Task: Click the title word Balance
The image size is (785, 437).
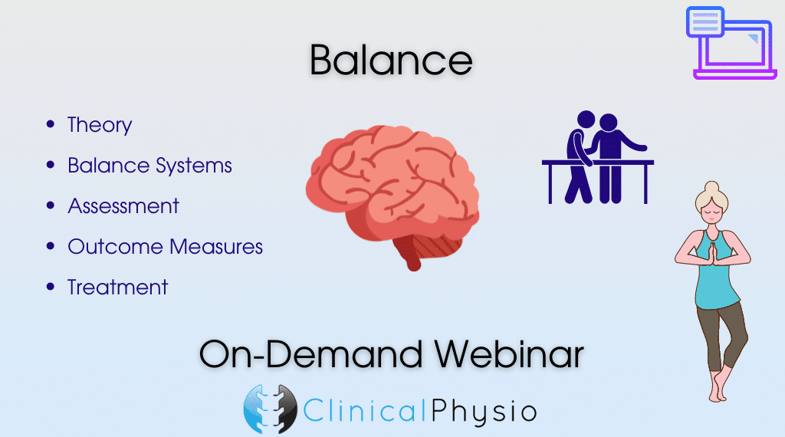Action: click(x=391, y=60)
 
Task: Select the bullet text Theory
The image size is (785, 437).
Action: click(x=100, y=125)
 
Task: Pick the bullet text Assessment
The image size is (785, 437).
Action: click(x=123, y=206)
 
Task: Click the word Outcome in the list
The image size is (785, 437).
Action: click(x=116, y=247)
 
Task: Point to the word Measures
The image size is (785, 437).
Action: click(x=216, y=247)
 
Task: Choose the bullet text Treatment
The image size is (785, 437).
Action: click(x=117, y=287)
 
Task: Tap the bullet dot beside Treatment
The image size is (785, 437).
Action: click(x=50, y=286)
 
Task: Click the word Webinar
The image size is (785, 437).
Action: click(x=509, y=354)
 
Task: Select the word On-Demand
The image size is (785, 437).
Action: click(x=311, y=354)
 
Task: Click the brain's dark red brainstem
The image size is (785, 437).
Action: click(x=408, y=255)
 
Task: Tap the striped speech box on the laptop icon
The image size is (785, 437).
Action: click(x=705, y=22)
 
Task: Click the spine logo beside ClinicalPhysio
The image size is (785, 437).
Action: click(x=271, y=409)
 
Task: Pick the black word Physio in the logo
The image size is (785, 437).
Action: click(x=484, y=412)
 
